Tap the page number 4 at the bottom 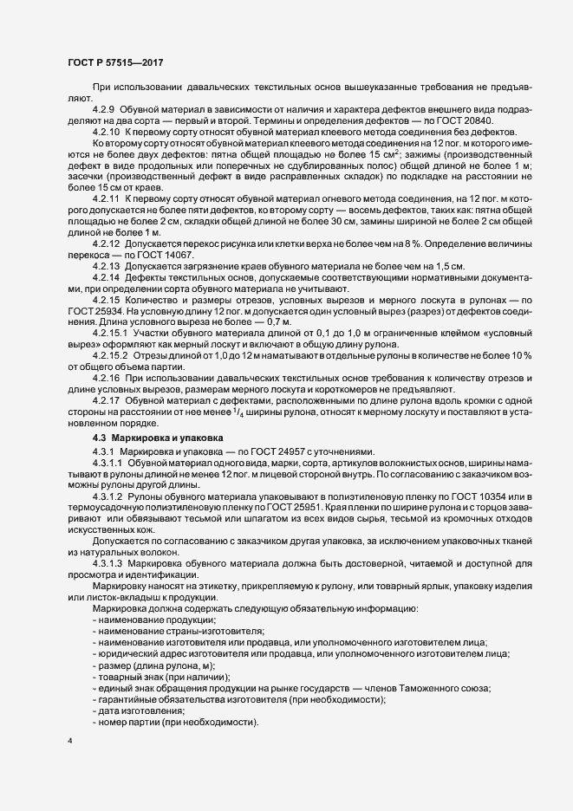pyautogui.click(x=69, y=743)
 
